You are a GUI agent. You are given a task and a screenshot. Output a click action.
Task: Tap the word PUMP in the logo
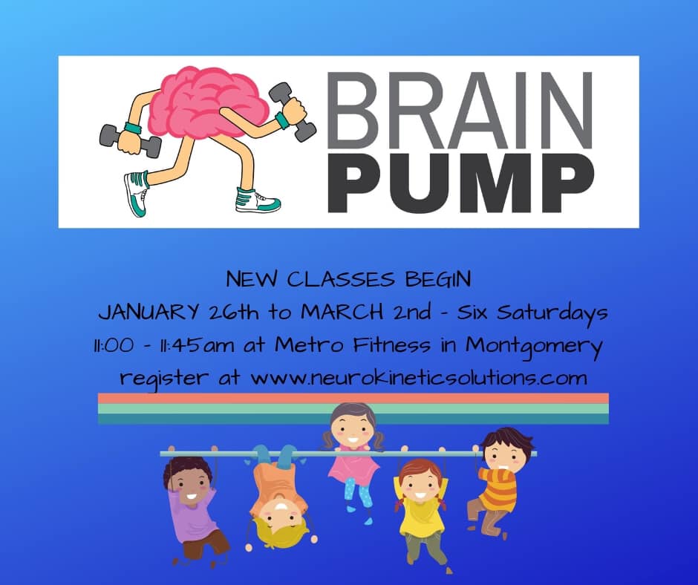tap(460, 183)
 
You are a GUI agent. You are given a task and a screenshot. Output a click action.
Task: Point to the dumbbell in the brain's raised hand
tap(293, 112)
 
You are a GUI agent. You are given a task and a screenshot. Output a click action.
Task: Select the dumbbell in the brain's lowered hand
tap(130, 140)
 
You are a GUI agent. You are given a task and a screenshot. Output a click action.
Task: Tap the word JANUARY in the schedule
tap(149, 313)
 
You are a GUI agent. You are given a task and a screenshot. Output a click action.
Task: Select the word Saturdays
tap(552, 313)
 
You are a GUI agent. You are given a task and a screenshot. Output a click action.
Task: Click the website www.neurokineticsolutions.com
tap(419, 379)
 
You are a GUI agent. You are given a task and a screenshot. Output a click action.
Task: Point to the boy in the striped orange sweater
tap(500, 482)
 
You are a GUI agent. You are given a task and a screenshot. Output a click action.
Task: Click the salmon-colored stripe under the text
tap(353, 398)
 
